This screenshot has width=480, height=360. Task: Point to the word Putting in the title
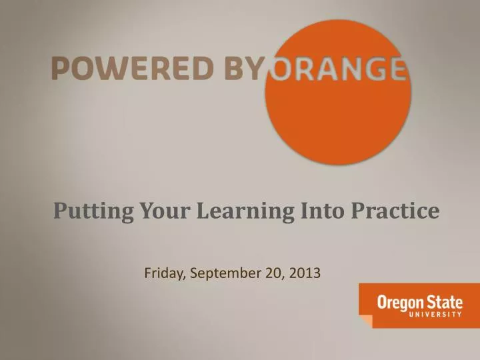coord(94,211)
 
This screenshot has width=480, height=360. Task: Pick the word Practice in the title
coord(395,211)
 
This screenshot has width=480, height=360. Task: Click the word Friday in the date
coord(165,273)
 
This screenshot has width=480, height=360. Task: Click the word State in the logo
coord(446,302)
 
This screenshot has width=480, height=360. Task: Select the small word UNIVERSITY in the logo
coord(420,315)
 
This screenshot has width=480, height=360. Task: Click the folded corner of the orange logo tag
coord(365,321)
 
